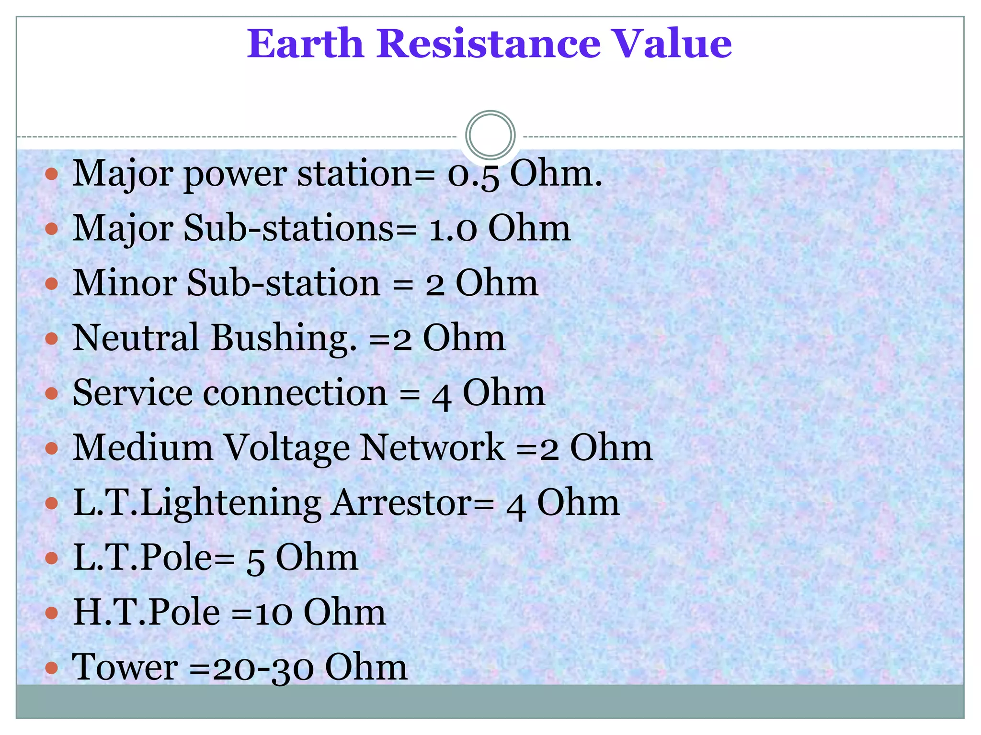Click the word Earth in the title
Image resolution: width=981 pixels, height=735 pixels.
point(305,44)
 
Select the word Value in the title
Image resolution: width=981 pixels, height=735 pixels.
point(673,44)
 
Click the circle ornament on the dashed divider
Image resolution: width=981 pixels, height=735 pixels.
point(490,135)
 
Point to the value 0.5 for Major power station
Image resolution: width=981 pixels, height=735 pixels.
point(473,174)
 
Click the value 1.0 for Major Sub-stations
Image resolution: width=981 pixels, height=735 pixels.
point(453,229)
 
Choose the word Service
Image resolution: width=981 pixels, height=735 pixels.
point(133,393)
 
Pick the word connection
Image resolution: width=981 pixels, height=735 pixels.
point(295,393)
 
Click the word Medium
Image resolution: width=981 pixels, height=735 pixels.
point(143,448)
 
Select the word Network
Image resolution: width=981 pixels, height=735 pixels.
point(433,448)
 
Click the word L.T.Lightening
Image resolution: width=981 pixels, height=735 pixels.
point(197,504)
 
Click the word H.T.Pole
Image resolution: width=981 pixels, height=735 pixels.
point(147,612)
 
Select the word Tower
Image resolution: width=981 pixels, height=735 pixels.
point(125,667)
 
